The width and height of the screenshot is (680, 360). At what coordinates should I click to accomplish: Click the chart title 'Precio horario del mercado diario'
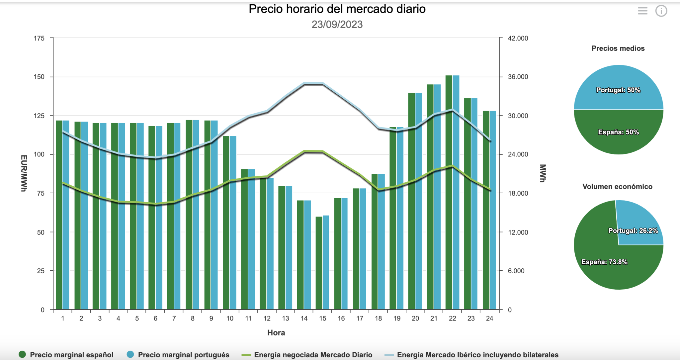click(337, 9)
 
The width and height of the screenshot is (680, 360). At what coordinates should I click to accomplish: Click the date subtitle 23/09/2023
click(337, 25)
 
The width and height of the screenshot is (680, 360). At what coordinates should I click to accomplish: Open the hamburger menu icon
click(642, 11)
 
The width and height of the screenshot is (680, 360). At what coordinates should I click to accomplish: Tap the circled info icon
click(661, 11)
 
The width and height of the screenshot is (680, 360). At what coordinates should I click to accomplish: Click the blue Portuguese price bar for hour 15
click(326, 262)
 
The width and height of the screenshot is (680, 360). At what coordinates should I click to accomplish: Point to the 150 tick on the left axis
click(39, 77)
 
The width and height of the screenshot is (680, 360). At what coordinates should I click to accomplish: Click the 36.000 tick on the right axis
click(518, 77)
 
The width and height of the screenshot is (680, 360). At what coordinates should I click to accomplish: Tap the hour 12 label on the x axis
click(267, 318)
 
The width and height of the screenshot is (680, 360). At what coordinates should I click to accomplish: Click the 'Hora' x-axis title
click(276, 333)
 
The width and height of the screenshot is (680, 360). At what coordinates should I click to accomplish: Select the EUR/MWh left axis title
click(24, 173)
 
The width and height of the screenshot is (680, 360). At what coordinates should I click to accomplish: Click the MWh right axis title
click(543, 173)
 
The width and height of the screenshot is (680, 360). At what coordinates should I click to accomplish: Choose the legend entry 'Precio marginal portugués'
click(183, 355)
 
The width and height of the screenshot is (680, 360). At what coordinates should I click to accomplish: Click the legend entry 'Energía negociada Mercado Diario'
click(313, 355)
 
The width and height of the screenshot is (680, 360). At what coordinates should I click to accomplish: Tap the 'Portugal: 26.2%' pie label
click(633, 231)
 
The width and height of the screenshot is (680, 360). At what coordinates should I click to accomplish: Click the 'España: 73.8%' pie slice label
click(604, 262)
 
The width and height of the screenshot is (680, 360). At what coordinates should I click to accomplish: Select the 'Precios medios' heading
click(618, 48)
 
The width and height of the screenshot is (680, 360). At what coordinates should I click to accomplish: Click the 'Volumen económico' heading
click(617, 187)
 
